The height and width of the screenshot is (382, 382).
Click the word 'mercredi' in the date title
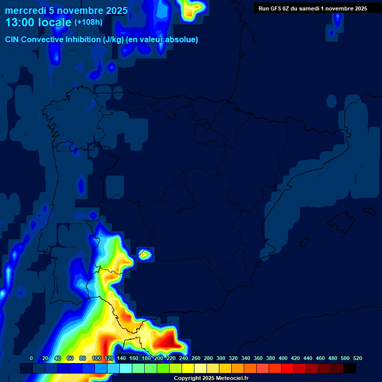coord(25,10)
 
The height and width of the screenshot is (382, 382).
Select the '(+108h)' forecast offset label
coord(89,22)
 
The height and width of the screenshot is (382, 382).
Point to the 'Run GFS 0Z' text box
coord(312,8)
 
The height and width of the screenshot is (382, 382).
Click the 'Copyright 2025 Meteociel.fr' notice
coord(211,378)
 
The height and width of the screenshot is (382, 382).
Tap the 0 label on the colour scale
coord(31,358)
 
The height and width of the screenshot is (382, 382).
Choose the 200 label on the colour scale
coord(159,358)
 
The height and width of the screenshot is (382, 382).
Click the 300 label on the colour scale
coord(221,358)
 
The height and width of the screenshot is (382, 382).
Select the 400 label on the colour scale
coord(283,358)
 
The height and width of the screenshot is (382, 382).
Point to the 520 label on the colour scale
coord(357,358)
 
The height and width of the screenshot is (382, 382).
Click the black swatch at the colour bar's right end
coord(350,369)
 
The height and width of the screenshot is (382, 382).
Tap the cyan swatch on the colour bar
coord(126,369)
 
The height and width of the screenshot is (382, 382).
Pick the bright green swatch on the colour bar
coord(163,369)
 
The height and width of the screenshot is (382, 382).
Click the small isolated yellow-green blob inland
coord(145,255)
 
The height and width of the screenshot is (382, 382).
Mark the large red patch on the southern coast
coord(167,341)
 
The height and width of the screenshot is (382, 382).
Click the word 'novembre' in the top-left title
coord(80,10)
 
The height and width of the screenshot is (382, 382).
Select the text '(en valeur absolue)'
coord(162,40)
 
